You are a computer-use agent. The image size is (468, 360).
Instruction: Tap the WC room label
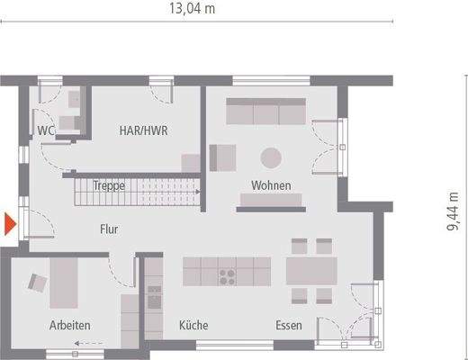point(46,131)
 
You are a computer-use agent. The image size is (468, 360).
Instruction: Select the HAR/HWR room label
point(145,130)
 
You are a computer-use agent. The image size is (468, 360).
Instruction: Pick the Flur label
point(109,229)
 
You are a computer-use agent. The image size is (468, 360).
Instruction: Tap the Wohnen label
point(271,185)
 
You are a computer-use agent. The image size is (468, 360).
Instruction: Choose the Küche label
point(193,325)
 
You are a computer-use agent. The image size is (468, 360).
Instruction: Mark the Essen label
point(289,325)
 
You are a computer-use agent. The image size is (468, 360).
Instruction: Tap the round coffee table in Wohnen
point(271,157)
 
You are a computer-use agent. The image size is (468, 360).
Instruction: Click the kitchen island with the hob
point(226,270)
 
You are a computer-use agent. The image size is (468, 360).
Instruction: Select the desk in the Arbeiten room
point(63,283)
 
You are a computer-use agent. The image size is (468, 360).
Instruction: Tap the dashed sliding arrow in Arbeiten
point(87,343)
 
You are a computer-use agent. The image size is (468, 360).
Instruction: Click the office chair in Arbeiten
point(38,282)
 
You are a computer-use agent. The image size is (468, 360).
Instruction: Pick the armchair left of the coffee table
point(221,157)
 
